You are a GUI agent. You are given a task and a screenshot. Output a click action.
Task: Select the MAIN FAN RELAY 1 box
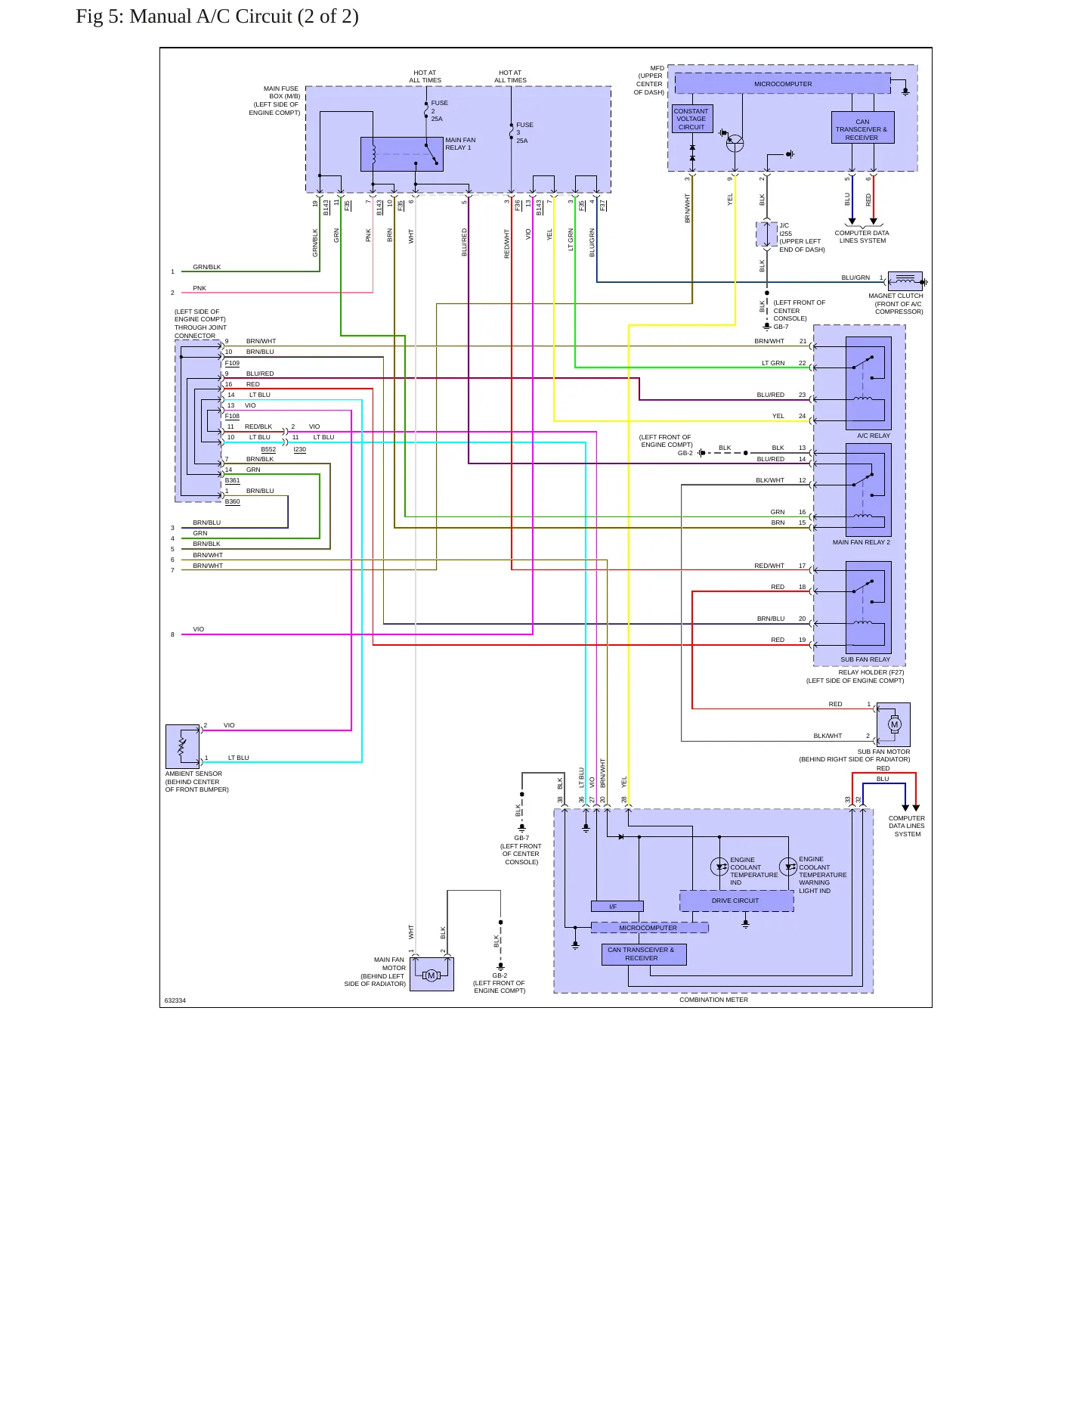pyautogui.click(x=402, y=154)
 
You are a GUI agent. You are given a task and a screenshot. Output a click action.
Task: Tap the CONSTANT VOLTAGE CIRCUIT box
pyautogui.click(x=691, y=119)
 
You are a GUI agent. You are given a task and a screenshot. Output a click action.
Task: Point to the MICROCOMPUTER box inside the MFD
pyautogui.click(x=783, y=84)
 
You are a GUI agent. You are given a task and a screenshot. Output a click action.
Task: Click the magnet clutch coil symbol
pyautogui.click(x=905, y=281)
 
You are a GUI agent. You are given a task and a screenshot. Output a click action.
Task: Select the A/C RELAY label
pyautogui.click(x=874, y=436)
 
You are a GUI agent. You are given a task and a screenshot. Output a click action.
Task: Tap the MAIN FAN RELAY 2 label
pyautogui.click(x=862, y=542)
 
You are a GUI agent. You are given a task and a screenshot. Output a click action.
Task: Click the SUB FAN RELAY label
pyautogui.click(x=865, y=659)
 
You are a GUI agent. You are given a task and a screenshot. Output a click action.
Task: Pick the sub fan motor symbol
pyautogui.click(x=894, y=724)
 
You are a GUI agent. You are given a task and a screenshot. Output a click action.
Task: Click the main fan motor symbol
pyautogui.click(x=432, y=975)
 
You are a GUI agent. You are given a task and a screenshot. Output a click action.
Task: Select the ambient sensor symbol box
pyautogui.click(x=182, y=746)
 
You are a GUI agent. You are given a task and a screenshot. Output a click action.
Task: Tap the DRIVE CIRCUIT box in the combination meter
pyautogui.click(x=736, y=901)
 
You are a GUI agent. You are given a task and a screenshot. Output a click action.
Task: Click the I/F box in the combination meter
pyautogui.click(x=617, y=907)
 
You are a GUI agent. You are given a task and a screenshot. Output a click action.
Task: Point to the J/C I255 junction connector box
pyautogui.click(x=766, y=234)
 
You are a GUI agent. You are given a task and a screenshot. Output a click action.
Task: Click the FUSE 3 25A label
pyautogui.click(x=524, y=133)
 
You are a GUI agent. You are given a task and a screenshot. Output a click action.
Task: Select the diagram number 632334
pyautogui.click(x=175, y=1000)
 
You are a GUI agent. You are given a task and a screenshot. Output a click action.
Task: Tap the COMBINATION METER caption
pyautogui.click(x=713, y=1000)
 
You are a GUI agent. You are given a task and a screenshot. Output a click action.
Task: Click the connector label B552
pyautogui.click(x=268, y=449)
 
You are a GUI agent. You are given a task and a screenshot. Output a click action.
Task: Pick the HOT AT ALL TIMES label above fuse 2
pyautogui.click(x=425, y=76)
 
